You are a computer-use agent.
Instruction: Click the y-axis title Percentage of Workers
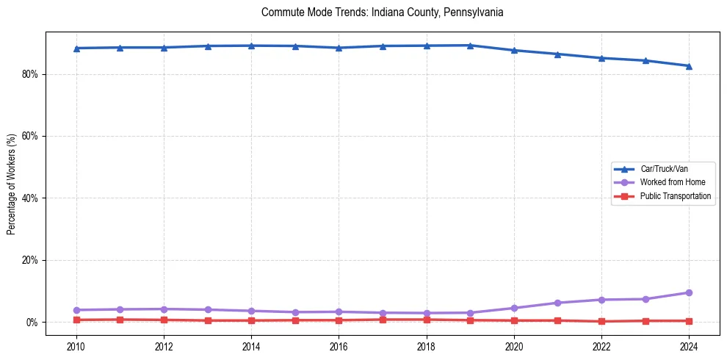click(x=12, y=184)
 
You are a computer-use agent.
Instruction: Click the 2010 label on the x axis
click(x=76, y=346)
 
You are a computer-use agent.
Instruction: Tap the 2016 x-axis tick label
click(x=339, y=346)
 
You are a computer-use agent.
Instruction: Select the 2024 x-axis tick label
click(x=689, y=346)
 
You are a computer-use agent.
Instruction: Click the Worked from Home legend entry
click(x=668, y=182)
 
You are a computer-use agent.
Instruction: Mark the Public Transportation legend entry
click(x=675, y=196)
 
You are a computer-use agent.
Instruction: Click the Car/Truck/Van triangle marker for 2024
click(x=689, y=66)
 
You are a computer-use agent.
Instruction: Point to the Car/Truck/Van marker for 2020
click(x=514, y=50)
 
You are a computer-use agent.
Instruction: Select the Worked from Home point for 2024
click(x=689, y=292)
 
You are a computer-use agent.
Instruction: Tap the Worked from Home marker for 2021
click(x=557, y=303)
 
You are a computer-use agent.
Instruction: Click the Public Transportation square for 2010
click(x=76, y=320)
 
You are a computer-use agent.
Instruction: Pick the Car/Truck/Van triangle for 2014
click(x=251, y=46)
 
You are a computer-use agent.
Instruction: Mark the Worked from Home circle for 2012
click(x=164, y=309)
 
